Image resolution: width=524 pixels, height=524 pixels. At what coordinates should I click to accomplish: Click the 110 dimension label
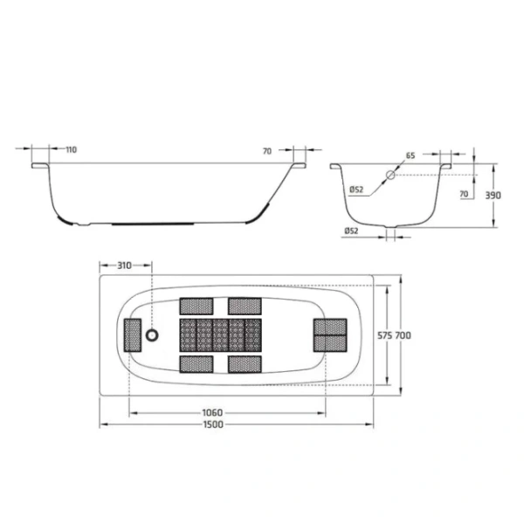[71, 149]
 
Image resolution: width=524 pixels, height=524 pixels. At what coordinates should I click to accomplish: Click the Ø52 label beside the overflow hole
[356, 190]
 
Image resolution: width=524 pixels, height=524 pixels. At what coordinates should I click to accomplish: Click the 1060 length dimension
[212, 412]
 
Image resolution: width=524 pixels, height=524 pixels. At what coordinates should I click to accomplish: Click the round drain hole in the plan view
[154, 334]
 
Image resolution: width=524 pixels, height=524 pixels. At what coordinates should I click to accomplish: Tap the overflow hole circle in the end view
[390, 175]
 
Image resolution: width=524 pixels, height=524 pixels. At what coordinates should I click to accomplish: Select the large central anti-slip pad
[220, 334]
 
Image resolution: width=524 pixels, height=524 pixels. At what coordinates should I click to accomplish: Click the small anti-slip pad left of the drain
[133, 334]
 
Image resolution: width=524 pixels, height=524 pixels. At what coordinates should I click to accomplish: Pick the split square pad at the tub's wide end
[330, 334]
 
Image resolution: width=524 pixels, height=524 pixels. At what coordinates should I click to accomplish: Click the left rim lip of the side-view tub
[40, 164]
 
